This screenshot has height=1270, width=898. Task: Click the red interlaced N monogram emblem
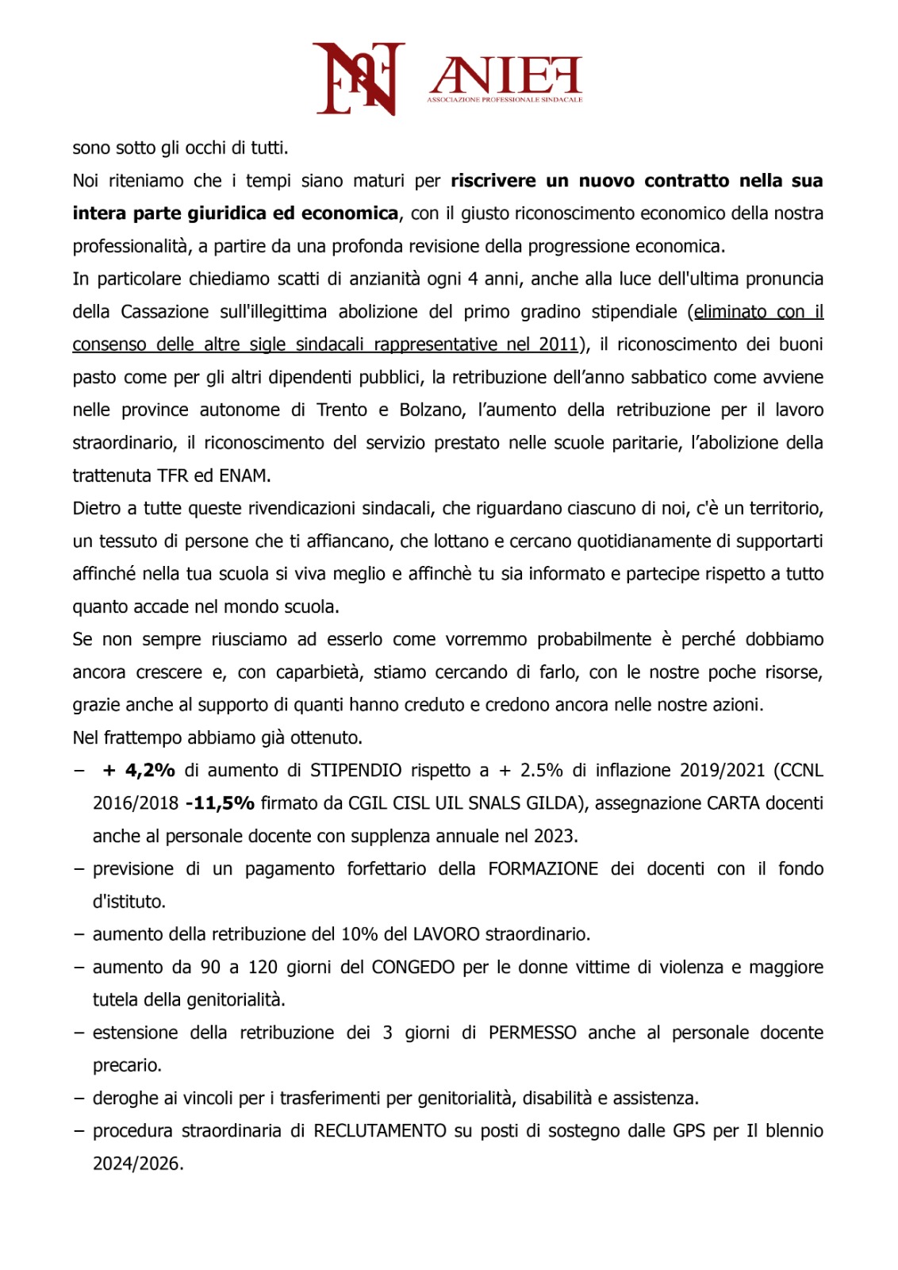point(359,78)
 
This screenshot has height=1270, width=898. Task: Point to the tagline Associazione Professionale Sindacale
point(505,100)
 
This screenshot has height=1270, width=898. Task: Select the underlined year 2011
point(558,344)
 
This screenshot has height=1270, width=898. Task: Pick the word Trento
point(342,410)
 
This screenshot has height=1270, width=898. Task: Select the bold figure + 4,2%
point(139,770)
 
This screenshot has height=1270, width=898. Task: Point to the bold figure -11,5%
point(220,802)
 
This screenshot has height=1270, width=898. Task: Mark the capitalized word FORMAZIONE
point(543,868)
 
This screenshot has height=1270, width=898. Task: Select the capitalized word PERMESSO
point(532,1032)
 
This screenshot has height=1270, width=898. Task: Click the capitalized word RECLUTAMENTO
point(380,1130)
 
